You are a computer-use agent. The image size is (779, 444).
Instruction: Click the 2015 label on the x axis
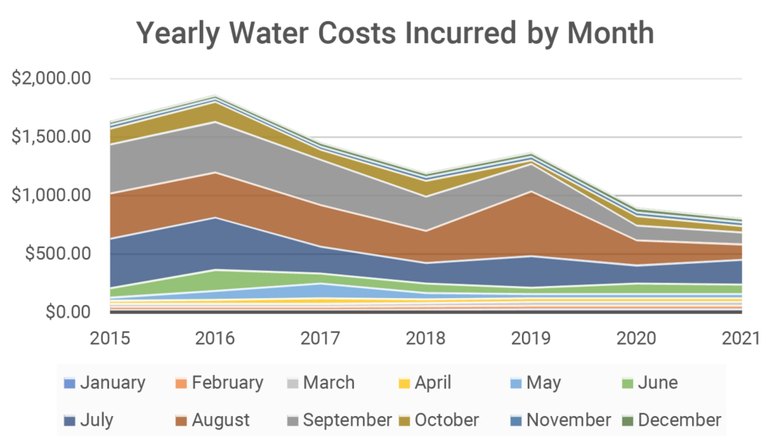[x=110, y=340]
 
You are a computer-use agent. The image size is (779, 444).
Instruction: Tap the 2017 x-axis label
[x=321, y=340]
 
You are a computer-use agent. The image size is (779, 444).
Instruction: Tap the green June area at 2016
[x=216, y=280]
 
